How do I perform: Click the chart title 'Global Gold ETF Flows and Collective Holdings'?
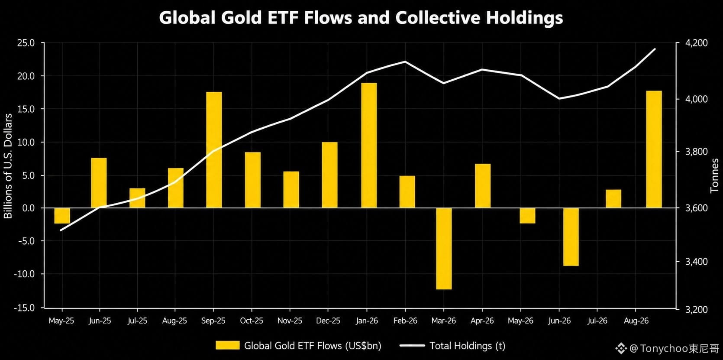tap(361, 18)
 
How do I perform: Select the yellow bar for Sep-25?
tap(214, 150)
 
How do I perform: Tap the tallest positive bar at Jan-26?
tap(369, 145)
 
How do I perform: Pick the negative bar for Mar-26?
tap(444, 249)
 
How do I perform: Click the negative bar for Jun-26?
tap(571, 237)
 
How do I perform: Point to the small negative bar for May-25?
tap(62, 216)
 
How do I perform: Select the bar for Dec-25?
tap(329, 175)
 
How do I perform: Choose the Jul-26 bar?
tap(613, 198)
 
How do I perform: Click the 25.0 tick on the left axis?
tap(26, 43)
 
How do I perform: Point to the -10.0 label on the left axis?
tap(24, 274)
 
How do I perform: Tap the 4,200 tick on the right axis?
tap(696, 43)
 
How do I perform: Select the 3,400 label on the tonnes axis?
tap(696, 262)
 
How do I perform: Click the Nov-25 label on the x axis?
tap(290, 321)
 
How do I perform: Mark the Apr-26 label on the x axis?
tap(482, 321)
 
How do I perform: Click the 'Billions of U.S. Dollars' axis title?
tap(8, 166)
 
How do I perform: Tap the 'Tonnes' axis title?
tap(715, 175)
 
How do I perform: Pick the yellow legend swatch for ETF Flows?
tap(228, 345)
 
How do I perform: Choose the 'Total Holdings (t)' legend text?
tap(468, 346)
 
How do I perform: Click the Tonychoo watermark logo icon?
tap(621, 349)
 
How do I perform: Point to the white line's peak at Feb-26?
tap(405, 62)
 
